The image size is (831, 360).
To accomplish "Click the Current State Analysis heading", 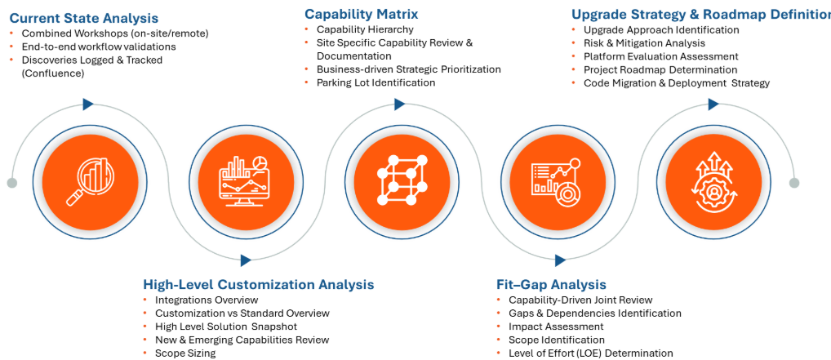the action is (84, 18).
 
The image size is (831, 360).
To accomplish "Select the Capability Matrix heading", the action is (362, 13).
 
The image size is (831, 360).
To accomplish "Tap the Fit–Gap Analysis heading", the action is (551, 284).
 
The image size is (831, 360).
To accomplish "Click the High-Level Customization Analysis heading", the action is (259, 284).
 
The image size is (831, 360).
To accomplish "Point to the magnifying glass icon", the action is (88, 180).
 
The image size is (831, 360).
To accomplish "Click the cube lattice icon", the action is (402, 180).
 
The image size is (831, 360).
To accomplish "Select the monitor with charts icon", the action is (245, 180).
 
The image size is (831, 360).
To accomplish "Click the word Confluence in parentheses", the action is (53, 73).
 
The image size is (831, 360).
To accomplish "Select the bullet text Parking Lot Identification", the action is (376, 82).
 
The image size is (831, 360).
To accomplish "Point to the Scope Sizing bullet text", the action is (185, 353).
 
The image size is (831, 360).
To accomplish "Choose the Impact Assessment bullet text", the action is (556, 327).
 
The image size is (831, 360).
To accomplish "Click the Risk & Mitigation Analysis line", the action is (644, 43).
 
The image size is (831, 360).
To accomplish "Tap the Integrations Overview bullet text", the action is (207, 300).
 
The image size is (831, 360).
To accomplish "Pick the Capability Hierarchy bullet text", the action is (365, 29).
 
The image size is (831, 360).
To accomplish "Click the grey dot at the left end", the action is (12, 183).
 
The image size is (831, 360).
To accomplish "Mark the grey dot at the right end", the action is (794, 183).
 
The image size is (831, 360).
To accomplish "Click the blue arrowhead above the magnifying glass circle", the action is (88, 104).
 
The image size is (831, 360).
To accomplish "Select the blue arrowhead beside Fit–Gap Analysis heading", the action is (561, 260).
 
